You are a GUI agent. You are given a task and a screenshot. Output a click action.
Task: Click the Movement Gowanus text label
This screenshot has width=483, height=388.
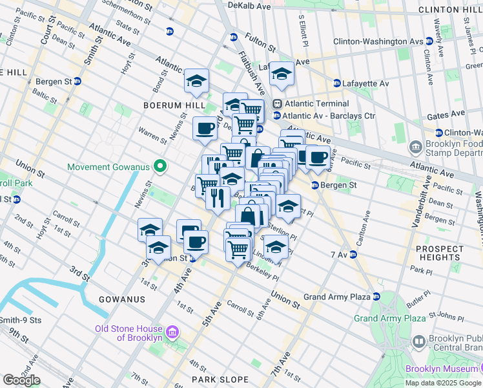[x=109, y=167]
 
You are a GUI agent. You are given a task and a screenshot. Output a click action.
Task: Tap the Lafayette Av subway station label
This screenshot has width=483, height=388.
[x=365, y=83]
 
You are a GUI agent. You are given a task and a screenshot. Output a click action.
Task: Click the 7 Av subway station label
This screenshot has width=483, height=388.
[x=339, y=255]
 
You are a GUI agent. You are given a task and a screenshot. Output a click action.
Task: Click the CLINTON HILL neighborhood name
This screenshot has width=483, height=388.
[x=449, y=10]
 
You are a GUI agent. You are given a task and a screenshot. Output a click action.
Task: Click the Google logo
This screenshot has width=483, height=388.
[x=21, y=380]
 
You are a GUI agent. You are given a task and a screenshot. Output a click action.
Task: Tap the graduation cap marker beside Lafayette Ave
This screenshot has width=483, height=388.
[x=282, y=74]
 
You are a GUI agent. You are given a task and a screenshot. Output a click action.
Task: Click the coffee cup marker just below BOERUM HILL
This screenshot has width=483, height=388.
[x=206, y=128]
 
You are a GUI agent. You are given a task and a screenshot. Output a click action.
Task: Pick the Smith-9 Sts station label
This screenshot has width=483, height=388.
[x=21, y=319]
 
